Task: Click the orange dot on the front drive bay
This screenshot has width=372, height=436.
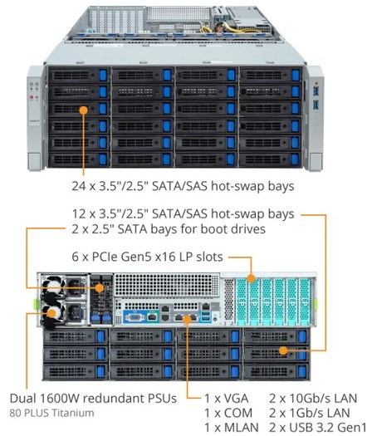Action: [83, 110]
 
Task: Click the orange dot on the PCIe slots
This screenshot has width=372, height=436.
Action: [252, 278]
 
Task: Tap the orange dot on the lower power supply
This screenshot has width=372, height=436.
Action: [51, 314]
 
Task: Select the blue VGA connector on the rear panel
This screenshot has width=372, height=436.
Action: [135, 317]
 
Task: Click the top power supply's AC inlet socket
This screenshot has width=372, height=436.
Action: [75, 286]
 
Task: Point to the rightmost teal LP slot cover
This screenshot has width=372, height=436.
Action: [305, 301]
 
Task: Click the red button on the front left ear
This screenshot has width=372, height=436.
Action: [32, 97]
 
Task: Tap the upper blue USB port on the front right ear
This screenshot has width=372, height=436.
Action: [316, 91]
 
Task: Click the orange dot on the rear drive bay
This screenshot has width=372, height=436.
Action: [283, 350]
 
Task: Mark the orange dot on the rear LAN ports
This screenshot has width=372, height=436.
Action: [188, 319]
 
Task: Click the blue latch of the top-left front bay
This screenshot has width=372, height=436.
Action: [103, 75]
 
